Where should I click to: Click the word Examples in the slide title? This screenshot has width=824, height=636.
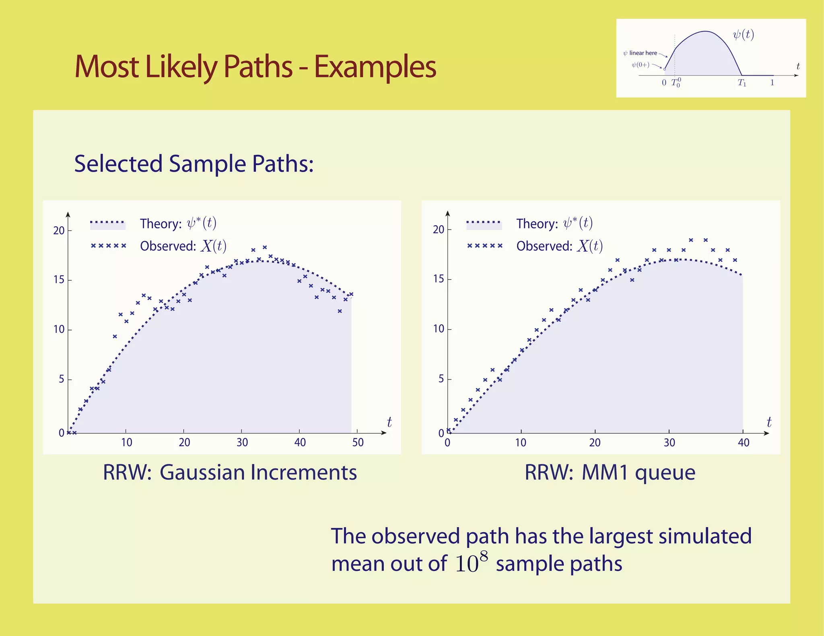[x=375, y=67]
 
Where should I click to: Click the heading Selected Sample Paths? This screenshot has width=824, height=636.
[x=194, y=164]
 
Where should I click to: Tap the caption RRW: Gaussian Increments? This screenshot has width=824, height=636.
[x=230, y=472]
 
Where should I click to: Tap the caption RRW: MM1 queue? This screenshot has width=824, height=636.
[x=610, y=472]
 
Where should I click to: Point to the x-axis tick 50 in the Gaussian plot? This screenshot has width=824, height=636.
[x=358, y=443]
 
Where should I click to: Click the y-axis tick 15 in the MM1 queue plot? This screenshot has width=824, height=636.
[x=439, y=279]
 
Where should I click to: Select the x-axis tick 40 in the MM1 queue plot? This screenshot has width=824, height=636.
[x=743, y=443]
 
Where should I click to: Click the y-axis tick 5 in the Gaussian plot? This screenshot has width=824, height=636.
[x=61, y=379]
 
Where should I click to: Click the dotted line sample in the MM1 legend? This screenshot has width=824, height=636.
[x=484, y=222]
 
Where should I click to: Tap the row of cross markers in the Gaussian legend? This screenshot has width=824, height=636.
[x=108, y=246]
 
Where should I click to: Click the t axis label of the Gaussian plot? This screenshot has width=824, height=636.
[x=389, y=422]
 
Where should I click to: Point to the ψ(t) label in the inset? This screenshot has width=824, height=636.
[x=743, y=35]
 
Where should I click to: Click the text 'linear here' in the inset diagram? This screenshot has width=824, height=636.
[x=643, y=53]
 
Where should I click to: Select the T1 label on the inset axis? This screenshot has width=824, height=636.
[x=742, y=83]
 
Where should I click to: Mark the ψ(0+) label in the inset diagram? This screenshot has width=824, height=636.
[x=640, y=65]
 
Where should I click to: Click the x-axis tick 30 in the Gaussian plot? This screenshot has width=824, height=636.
[x=242, y=443]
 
